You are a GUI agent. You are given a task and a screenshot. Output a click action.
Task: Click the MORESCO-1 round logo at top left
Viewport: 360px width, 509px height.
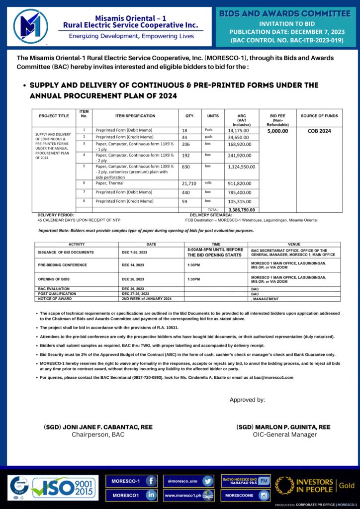tap(31, 26)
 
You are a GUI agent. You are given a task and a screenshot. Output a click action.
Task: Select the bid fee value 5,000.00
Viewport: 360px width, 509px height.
tap(277, 131)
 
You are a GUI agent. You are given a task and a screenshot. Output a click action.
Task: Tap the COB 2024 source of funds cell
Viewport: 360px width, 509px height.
tap(319, 131)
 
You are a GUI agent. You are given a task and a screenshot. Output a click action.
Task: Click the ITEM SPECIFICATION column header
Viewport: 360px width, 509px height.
tap(135, 116)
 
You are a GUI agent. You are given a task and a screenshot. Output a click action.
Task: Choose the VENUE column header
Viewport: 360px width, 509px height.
tap(294, 245)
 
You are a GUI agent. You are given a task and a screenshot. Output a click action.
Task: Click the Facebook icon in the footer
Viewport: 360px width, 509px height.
tap(151, 481)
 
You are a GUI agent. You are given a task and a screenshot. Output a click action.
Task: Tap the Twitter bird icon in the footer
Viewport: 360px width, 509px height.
tap(208, 481)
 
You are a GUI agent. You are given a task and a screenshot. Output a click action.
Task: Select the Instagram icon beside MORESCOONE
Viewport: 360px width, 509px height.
tap(264, 495)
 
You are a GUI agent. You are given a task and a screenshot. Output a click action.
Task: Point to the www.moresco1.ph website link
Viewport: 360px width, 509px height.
tap(182, 495)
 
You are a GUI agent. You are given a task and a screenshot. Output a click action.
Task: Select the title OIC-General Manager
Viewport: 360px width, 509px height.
tap(284, 434)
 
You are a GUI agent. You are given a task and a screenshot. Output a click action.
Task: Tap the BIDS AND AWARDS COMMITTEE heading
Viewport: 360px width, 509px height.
tap(285, 13)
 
